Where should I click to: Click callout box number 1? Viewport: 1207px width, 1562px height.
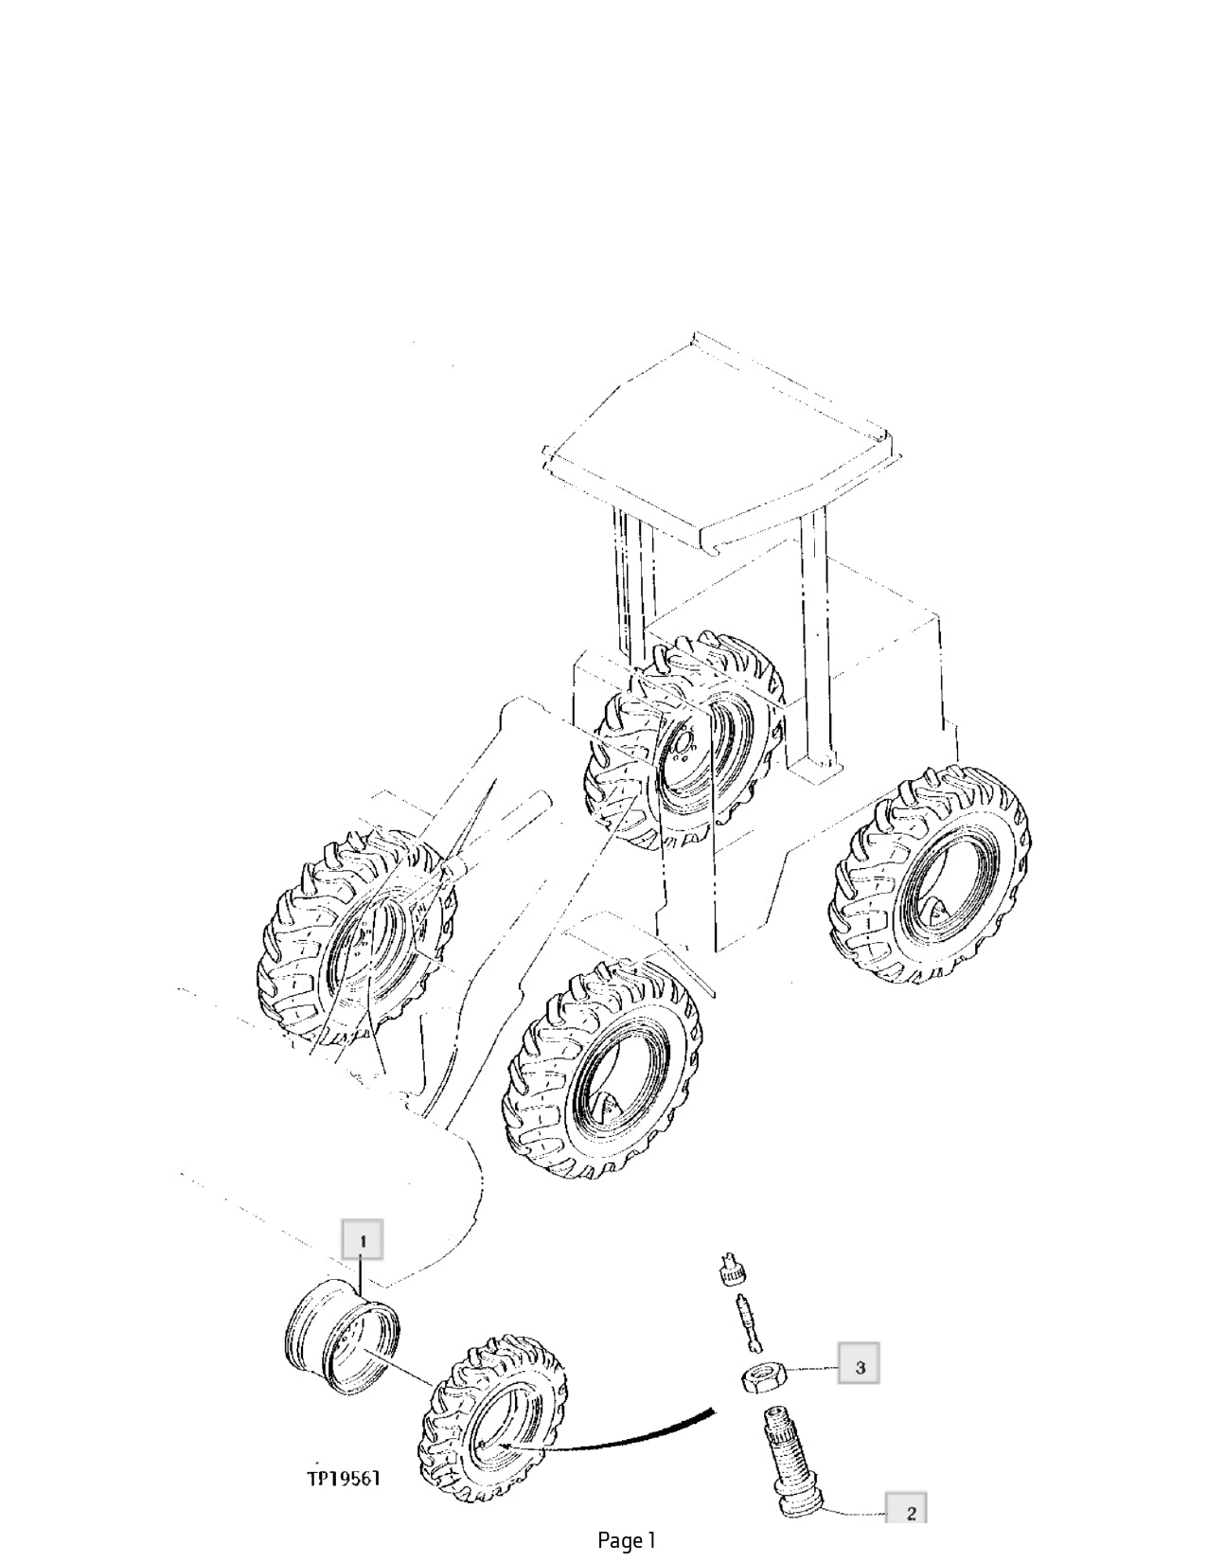pyautogui.click(x=363, y=1239)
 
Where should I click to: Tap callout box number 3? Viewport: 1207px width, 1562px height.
pyautogui.click(x=859, y=1368)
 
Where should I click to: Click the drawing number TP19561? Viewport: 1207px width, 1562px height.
pyautogui.click(x=343, y=1478)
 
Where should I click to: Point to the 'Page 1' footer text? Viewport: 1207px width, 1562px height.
pyautogui.click(x=627, y=1541)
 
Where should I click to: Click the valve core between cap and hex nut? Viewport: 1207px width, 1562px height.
pyautogui.click(x=747, y=1321)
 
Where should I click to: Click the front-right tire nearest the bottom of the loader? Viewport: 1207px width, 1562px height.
pyautogui.click(x=607, y=1070)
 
